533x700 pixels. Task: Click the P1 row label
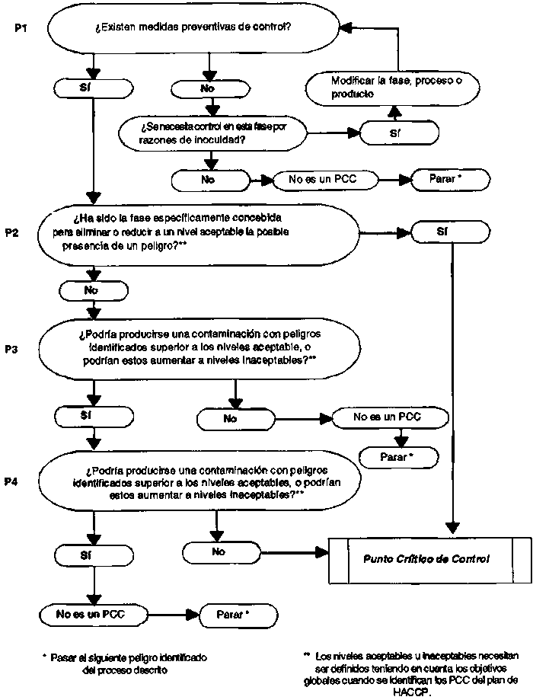21,28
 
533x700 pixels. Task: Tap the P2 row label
11,232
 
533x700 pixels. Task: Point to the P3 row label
11,349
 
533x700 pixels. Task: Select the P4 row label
11,481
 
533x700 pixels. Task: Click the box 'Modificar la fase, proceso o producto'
393,88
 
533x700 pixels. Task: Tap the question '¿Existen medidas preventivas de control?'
193,27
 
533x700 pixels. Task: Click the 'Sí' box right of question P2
450,232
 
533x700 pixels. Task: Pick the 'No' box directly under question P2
94,291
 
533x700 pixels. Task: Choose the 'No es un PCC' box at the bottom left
94,615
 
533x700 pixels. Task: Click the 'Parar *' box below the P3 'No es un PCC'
399,457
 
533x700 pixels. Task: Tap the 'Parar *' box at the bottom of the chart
238,615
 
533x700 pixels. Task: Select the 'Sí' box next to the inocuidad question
399,133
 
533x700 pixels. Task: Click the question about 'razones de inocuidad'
213,133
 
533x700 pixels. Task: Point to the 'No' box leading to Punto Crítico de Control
222,552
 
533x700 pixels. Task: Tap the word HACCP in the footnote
412,692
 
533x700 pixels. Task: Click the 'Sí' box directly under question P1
94,88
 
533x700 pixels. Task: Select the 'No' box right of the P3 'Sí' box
236,418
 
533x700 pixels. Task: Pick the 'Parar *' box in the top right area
451,180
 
